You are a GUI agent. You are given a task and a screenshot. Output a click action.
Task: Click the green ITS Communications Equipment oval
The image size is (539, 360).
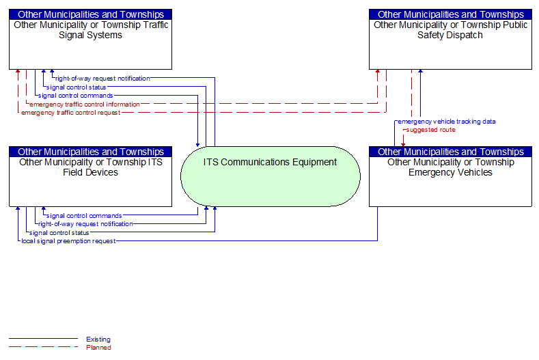point(271,176)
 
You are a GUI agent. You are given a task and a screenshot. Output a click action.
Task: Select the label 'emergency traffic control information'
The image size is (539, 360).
point(85,105)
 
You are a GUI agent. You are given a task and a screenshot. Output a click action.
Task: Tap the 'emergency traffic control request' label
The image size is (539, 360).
point(71,113)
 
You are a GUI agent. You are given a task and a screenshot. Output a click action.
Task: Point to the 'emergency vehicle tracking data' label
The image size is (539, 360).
point(447,122)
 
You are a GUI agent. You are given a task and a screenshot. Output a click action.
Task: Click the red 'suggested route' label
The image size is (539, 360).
point(430,130)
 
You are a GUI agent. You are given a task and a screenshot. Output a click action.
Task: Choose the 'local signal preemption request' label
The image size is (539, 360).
point(68,241)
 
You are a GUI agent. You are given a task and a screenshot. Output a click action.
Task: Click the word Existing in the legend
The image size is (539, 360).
point(98,340)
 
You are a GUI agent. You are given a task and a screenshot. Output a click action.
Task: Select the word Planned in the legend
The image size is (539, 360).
point(98,348)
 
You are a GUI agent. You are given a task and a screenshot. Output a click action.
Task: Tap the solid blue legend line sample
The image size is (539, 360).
point(43,339)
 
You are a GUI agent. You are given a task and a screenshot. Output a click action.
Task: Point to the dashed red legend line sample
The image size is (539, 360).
point(43,347)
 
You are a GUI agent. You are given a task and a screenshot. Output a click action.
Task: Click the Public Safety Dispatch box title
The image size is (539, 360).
point(450,30)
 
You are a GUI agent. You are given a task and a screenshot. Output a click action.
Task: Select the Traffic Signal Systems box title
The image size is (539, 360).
point(91,30)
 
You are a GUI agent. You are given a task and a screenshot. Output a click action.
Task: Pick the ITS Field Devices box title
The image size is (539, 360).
point(91,167)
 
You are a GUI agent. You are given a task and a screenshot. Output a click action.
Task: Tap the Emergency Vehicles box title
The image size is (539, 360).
point(451,167)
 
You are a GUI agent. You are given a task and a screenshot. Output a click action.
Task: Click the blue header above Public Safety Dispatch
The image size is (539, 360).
point(450,14)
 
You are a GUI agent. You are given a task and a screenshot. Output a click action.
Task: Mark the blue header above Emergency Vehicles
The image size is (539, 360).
point(450,152)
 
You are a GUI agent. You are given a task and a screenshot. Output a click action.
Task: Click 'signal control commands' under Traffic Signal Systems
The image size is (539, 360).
point(76,96)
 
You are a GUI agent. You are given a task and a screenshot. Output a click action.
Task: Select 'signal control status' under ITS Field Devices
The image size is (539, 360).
point(59,233)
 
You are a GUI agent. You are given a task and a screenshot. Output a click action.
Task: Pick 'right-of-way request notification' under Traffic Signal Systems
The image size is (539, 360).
point(102,79)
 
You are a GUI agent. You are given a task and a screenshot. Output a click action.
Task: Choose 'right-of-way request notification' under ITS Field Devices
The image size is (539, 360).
point(85,224)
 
